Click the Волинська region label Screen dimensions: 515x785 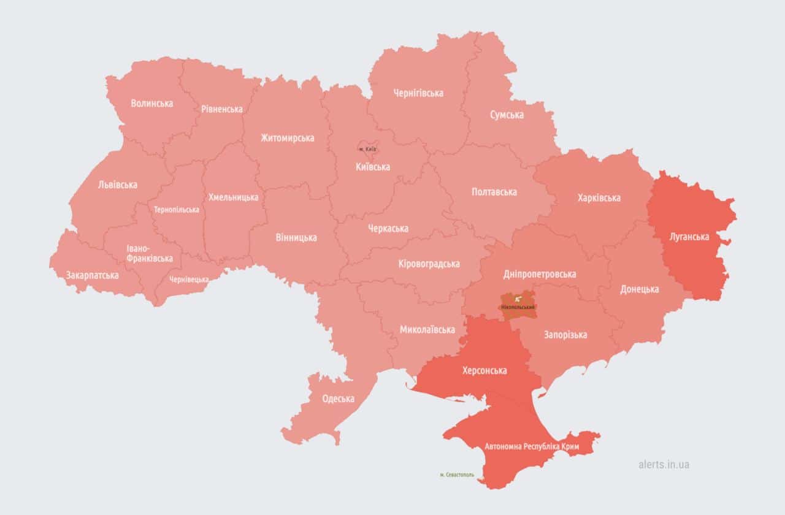click(151, 103)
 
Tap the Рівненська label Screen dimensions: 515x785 click(221, 109)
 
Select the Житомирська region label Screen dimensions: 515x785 click(287, 138)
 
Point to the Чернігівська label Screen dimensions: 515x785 click(418, 93)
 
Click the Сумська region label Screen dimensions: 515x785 click(507, 115)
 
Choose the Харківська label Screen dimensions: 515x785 click(599, 197)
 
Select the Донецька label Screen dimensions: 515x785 click(639, 289)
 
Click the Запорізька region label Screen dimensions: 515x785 click(565, 334)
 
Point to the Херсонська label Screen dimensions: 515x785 click(484, 370)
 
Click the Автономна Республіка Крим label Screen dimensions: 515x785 click(530, 446)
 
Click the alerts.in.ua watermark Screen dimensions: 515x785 click(663, 464)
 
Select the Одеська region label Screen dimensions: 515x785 click(338, 399)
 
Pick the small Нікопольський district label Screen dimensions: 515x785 click(518, 307)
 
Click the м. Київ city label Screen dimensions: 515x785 click(367, 149)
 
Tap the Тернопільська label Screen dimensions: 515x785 click(176, 210)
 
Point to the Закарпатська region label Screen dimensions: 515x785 click(92, 275)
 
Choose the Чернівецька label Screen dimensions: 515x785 click(188, 279)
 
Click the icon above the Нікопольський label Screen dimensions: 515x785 click(518, 299)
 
